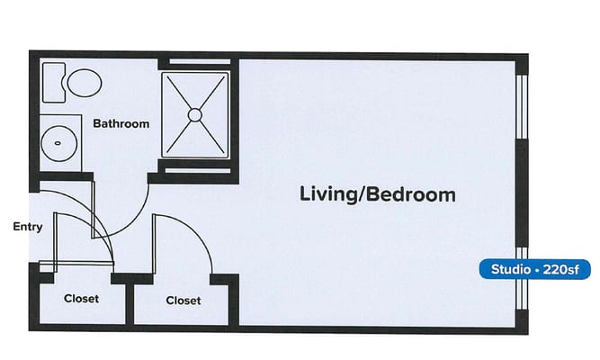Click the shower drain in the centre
click(193, 114)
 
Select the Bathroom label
click(121, 123)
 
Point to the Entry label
click(27, 227)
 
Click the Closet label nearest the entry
click(81, 299)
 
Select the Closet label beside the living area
click(184, 300)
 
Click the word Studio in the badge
click(508, 269)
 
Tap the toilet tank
click(52, 81)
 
